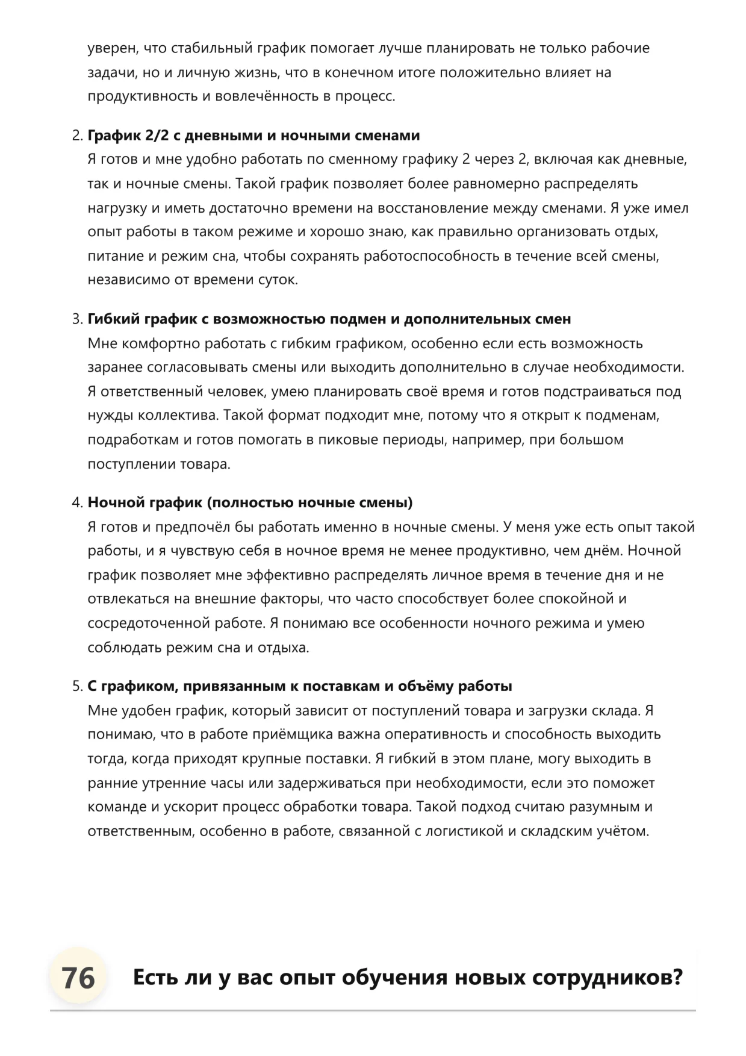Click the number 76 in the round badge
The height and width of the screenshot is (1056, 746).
(78, 977)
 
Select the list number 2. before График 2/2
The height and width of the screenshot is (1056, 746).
(77, 136)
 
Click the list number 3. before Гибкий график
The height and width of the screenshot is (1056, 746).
(77, 319)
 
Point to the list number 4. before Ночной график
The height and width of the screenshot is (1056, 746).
(77, 502)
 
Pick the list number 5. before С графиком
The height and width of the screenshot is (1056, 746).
(77, 686)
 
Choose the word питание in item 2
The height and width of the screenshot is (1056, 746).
(114, 256)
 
